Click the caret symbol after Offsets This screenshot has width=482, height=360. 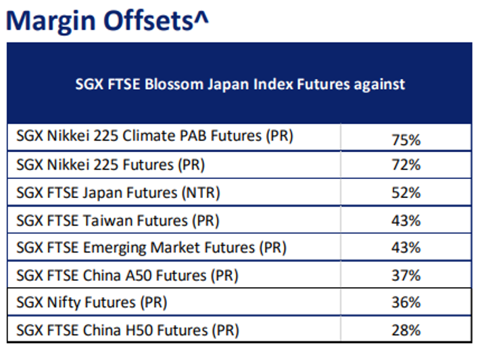click(201, 17)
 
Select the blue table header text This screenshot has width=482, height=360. click(240, 84)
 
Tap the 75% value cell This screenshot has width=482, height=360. click(406, 140)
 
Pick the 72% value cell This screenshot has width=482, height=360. click(406, 165)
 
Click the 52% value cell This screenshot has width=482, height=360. click(406, 192)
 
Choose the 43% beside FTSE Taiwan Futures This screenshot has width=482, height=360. click(406, 221)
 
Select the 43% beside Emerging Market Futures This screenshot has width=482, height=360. click(406, 248)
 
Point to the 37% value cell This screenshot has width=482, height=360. click(406, 275)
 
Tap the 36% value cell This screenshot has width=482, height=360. click(406, 303)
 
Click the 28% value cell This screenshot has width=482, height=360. click(406, 330)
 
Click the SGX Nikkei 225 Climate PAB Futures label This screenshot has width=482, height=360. click(155, 136)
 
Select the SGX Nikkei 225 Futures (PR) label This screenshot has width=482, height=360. click(111, 165)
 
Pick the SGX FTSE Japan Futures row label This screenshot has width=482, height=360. click(118, 193)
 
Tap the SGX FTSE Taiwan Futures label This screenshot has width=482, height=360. click(118, 221)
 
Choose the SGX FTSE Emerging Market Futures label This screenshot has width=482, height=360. click(151, 248)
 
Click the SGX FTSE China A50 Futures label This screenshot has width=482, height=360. click(127, 276)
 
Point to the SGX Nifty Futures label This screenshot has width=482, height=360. click(92, 303)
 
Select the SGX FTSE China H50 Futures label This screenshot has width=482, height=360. click(128, 330)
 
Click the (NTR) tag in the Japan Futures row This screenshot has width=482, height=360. click(201, 193)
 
